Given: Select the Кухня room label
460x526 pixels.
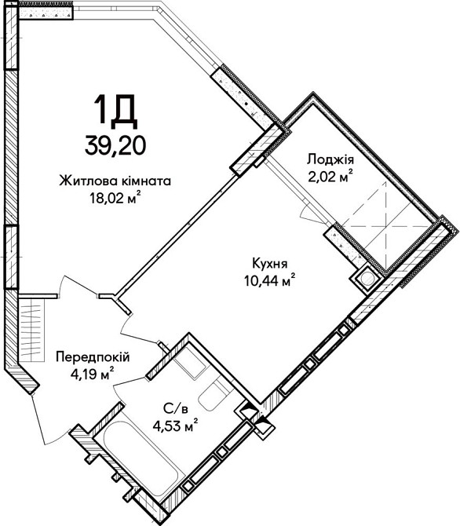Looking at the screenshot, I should pos(268,264).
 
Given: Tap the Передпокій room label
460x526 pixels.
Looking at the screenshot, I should pos(93,357).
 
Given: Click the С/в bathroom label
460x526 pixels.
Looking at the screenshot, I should pos(174,409).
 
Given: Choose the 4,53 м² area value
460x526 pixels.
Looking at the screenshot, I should pos(174,426).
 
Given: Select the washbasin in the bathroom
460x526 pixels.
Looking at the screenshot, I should pos(188,363).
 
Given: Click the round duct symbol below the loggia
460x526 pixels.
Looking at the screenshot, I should pos(365,278).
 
